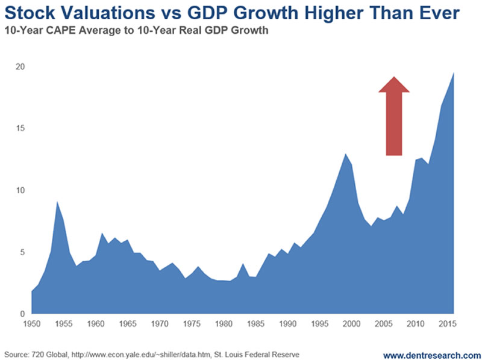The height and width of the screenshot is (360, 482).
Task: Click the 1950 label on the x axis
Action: tap(31, 324)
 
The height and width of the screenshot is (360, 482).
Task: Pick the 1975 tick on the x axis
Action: tap(192, 324)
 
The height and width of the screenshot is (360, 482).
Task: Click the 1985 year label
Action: tap(255, 324)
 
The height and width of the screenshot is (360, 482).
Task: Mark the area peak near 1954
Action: tap(57, 202)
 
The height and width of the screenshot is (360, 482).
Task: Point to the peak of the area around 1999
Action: tap(345, 154)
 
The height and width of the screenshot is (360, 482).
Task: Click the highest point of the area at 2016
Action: tap(454, 72)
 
